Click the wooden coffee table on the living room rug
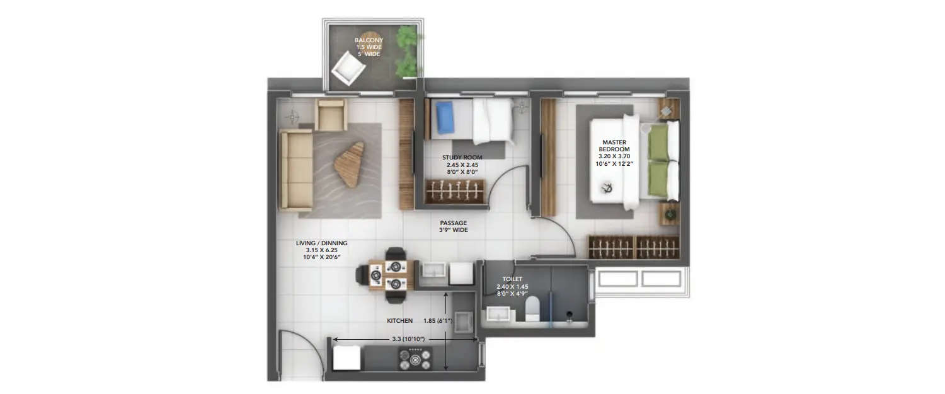[x=349, y=163]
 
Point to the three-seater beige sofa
[x=296, y=171]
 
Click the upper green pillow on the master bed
[x=659, y=142]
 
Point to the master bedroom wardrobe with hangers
[x=634, y=246]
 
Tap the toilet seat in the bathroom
[x=532, y=310]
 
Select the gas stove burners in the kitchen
[x=415, y=360]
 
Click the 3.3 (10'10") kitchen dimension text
[x=408, y=339]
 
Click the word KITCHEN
[x=399, y=321]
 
